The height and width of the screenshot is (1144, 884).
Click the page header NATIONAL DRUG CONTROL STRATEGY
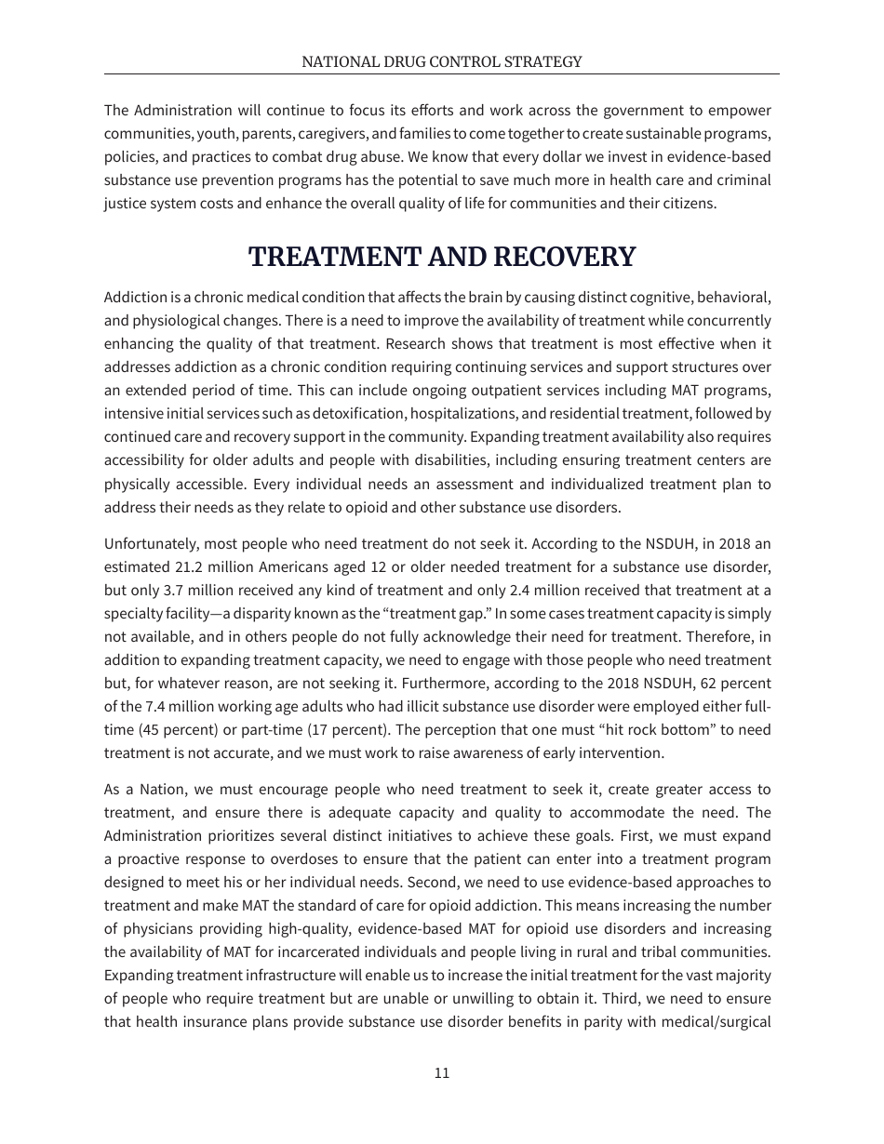click(x=441, y=61)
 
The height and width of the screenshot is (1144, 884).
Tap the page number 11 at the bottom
click(x=442, y=1072)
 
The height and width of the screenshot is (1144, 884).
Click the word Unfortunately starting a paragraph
click(x=150, y=544)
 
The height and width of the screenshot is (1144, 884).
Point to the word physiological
click(x=172, y=320)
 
